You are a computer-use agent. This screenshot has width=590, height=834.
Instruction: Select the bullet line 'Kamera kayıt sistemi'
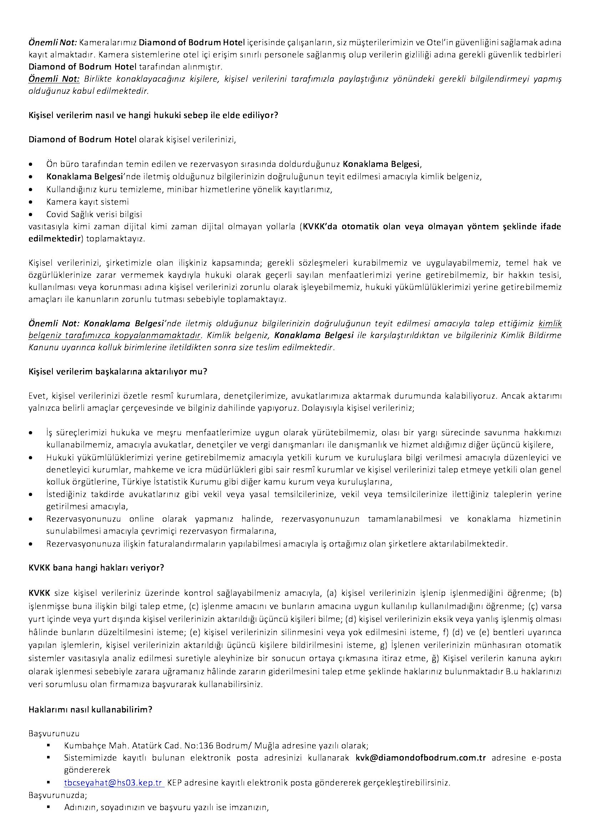(x=87, y=201)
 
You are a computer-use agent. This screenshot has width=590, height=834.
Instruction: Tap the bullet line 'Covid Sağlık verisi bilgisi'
(x=94, y=214)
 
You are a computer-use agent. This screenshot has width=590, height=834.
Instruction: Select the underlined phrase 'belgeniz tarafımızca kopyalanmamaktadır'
(x=115, y=335)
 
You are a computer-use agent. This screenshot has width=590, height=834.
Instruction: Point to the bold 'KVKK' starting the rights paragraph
(x=39, y=593)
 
